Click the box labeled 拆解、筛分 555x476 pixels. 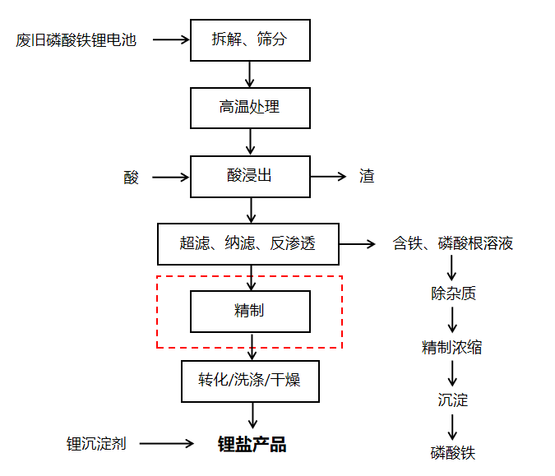pos(250,39)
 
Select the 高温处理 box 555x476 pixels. pos(250,108)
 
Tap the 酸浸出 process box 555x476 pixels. pos(250,176)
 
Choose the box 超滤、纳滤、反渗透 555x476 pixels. pos(247,243)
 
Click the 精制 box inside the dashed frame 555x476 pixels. pos(250,312)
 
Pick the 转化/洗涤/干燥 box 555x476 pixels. pos(249,380)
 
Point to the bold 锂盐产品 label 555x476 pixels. pos(252,444)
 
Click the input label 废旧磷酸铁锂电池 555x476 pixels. pos(76,39)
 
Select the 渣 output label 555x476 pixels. pos(367,176)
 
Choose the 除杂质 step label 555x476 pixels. pos(452,293)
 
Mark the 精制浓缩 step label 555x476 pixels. pos(451,348)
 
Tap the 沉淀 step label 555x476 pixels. pos(452,400)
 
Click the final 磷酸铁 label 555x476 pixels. pos(452,453)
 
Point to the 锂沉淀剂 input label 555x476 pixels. pos(96,444)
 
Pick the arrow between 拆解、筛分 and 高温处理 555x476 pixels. pos(250,74)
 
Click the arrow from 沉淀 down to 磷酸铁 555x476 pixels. pos(452,427)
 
